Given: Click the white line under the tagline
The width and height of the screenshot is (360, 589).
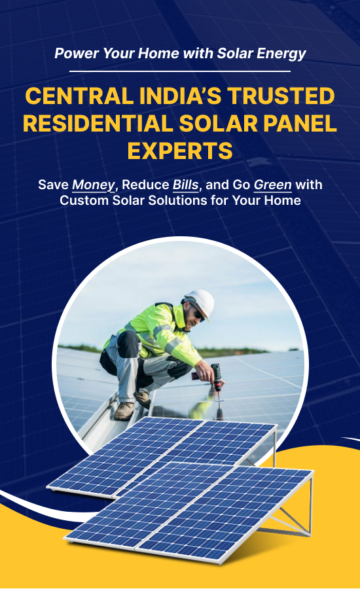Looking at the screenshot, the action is point(180,71).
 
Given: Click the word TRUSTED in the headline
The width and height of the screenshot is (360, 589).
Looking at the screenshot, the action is point(281,96).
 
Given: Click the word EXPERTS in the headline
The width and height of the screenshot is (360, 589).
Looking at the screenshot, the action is point(180,151).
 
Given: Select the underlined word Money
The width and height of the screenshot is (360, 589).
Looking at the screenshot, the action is point(93,185).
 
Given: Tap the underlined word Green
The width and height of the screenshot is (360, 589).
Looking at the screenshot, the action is point(273,185).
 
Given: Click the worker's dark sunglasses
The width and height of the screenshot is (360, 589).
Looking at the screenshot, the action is point(198,314).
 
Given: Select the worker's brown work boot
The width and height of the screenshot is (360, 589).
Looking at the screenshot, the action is point(124,410).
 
